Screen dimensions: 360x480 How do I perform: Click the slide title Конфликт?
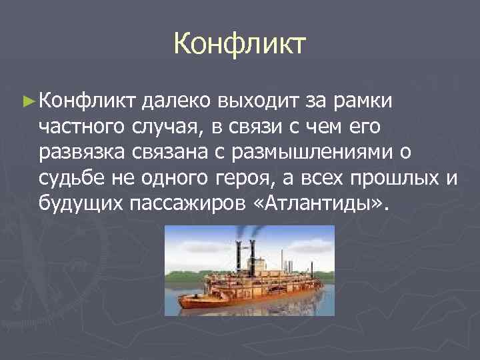pyautogui.click(x=239, y=44)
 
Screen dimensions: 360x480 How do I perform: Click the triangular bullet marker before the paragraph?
pyautogui.click(x=27, y=101)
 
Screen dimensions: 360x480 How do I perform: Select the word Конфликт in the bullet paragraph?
pyautogui.click(x=87, y=101)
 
